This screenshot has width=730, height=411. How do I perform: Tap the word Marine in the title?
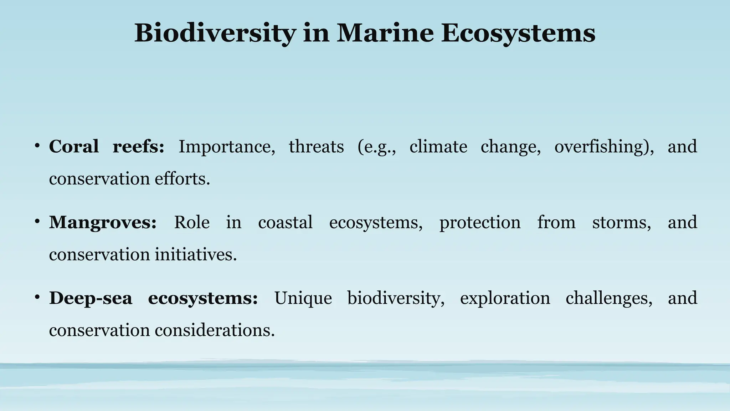coord(385,33)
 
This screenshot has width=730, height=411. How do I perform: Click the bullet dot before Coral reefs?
coord(37,146)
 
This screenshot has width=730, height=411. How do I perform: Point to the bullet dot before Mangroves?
coord(37,222)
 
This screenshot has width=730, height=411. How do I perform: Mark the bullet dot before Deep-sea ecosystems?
coord(37,297)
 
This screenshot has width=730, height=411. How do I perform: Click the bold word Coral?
coord(74,146)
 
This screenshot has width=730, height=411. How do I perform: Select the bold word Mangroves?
coord(103,222)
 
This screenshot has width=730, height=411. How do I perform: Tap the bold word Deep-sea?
coord(91,298)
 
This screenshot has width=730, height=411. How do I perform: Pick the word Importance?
coord(227,147)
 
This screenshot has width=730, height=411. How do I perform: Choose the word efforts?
coord(182,178)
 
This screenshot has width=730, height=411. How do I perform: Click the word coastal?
coord(285,222)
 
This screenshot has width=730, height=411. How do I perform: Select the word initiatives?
coord(196,254)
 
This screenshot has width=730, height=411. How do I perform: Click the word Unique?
coord(303,298)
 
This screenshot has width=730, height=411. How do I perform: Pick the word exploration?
coord(505,298)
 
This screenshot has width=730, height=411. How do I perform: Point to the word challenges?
coord(609,298)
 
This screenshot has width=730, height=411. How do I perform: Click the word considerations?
coord(215,330)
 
